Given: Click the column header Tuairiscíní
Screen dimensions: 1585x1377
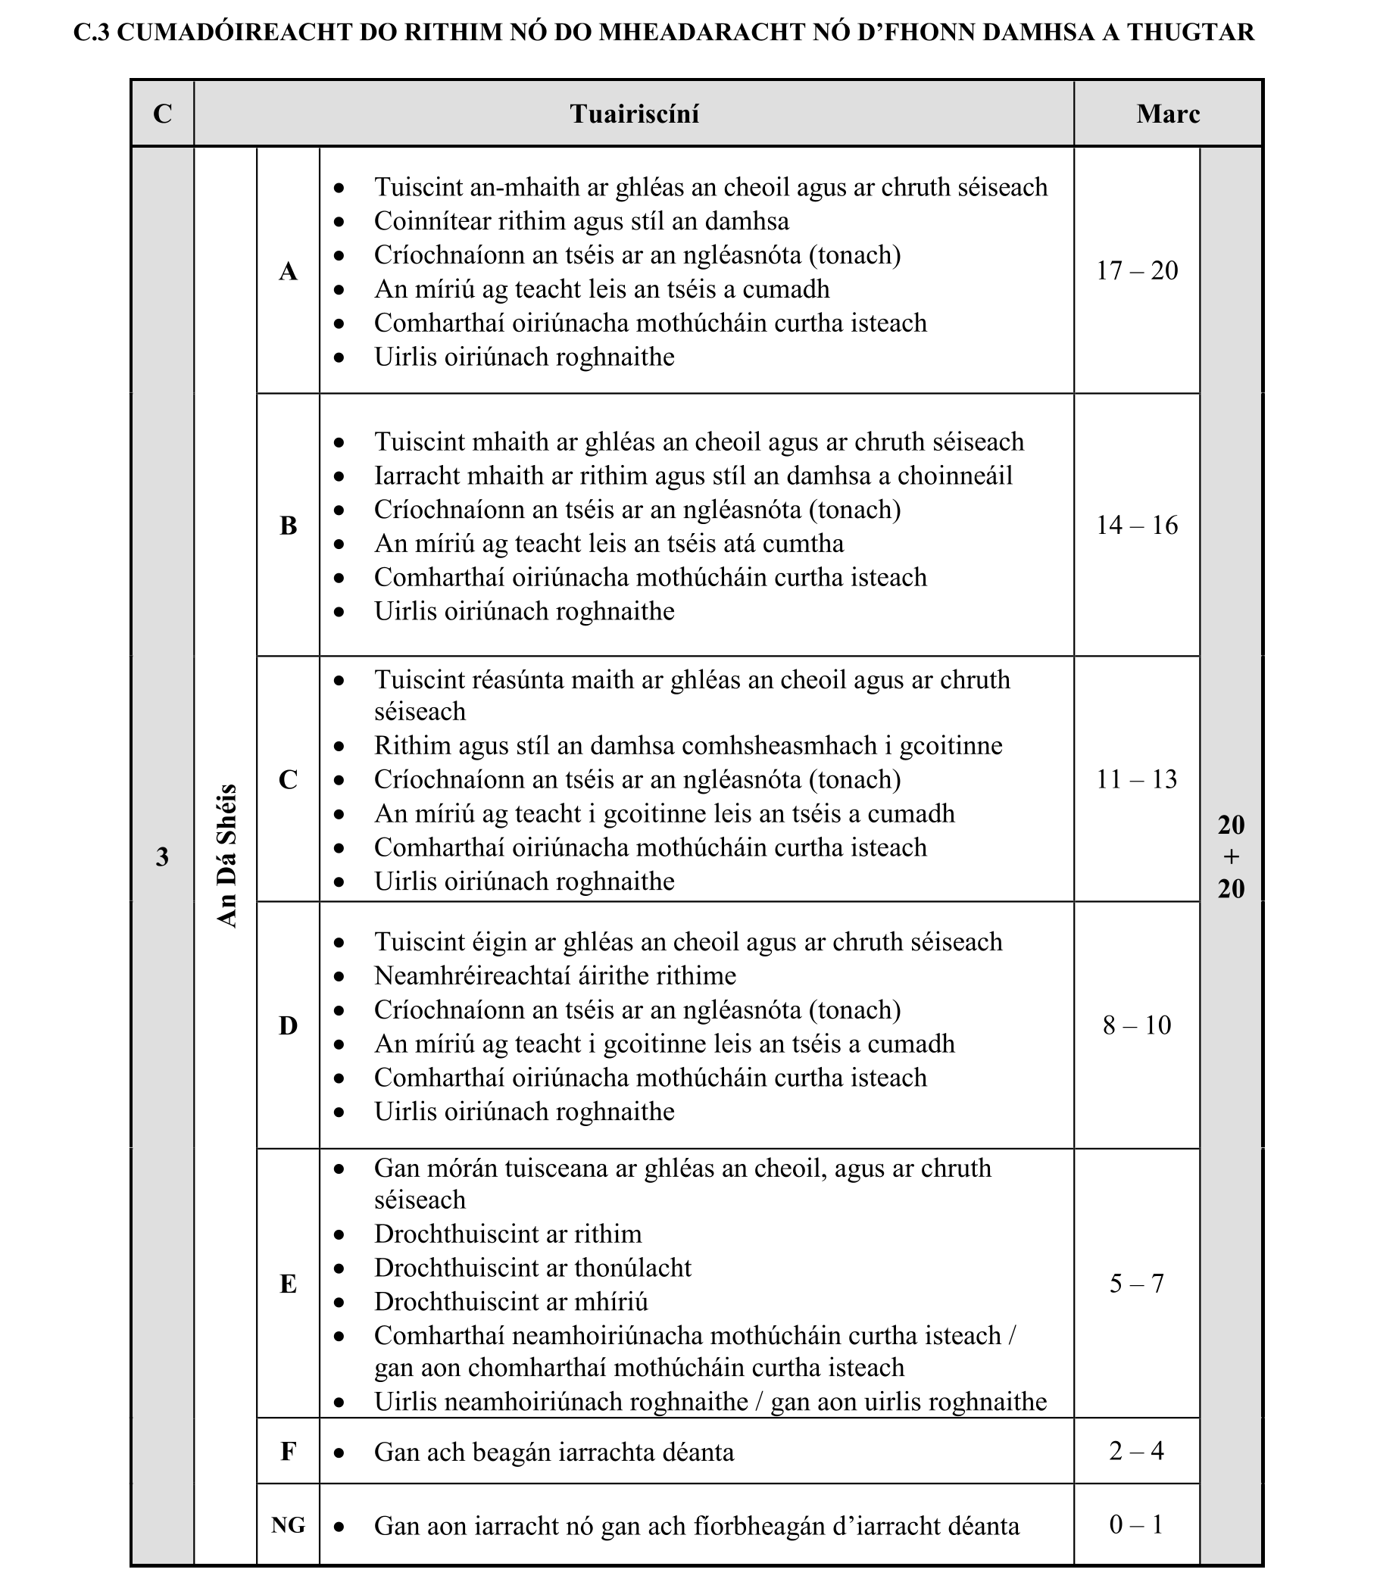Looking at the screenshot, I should click(634, 114).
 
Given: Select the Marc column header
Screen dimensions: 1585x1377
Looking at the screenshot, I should click(1167, 114).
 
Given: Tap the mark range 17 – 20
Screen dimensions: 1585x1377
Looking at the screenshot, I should click(1136, 270).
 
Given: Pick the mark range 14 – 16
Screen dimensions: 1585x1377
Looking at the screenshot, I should click(1136, 525).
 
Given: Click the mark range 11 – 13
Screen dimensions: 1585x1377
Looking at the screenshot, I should click(1136, 779).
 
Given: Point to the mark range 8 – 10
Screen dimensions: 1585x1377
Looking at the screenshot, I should click(1136, 1025).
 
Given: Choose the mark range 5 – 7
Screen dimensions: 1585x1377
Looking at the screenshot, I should click(1136, 1283).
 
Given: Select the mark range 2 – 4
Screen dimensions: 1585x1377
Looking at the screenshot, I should click(1136, 1450).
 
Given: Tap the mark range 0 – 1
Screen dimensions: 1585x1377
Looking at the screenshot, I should click(1136, 1524).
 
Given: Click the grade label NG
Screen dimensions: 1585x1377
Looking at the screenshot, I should click(288, 1525).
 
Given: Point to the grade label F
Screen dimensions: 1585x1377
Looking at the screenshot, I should click(288, 1451).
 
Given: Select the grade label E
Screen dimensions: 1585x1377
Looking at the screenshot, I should click(288, 1284).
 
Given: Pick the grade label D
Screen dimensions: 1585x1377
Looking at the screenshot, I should click(288, 1025).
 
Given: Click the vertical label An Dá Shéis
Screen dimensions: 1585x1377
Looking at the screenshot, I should click(226, 856).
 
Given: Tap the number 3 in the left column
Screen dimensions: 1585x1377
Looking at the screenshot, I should click(162, 856).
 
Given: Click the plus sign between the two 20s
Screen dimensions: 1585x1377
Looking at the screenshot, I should click(1231, 856).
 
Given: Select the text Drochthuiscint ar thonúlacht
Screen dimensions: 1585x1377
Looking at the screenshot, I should click(532, 1268).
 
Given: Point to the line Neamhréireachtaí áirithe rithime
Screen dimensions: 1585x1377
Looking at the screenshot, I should click(554, 975).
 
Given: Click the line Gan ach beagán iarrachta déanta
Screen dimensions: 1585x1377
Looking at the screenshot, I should click(554, 1452).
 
